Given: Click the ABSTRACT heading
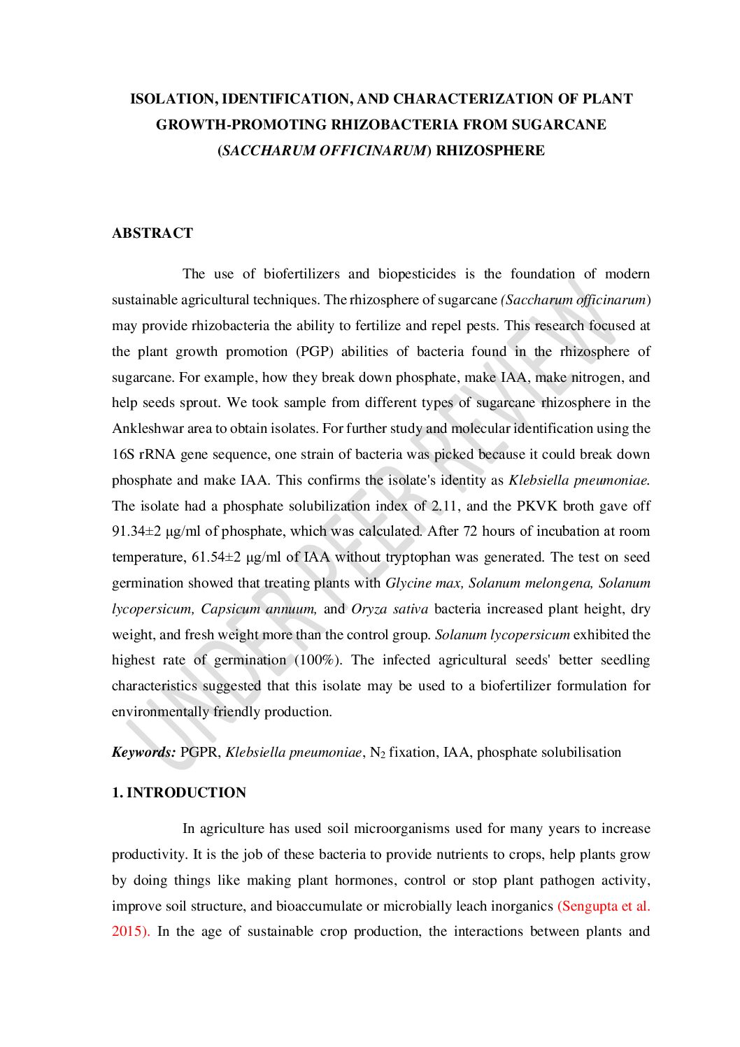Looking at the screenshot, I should coord(152,234).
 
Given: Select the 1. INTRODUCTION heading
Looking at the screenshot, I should coord(179,792).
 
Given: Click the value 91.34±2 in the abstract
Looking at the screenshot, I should coord(136,532).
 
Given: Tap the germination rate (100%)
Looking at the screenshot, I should coord(317,660).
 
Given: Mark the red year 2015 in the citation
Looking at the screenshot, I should coord(128,932).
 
